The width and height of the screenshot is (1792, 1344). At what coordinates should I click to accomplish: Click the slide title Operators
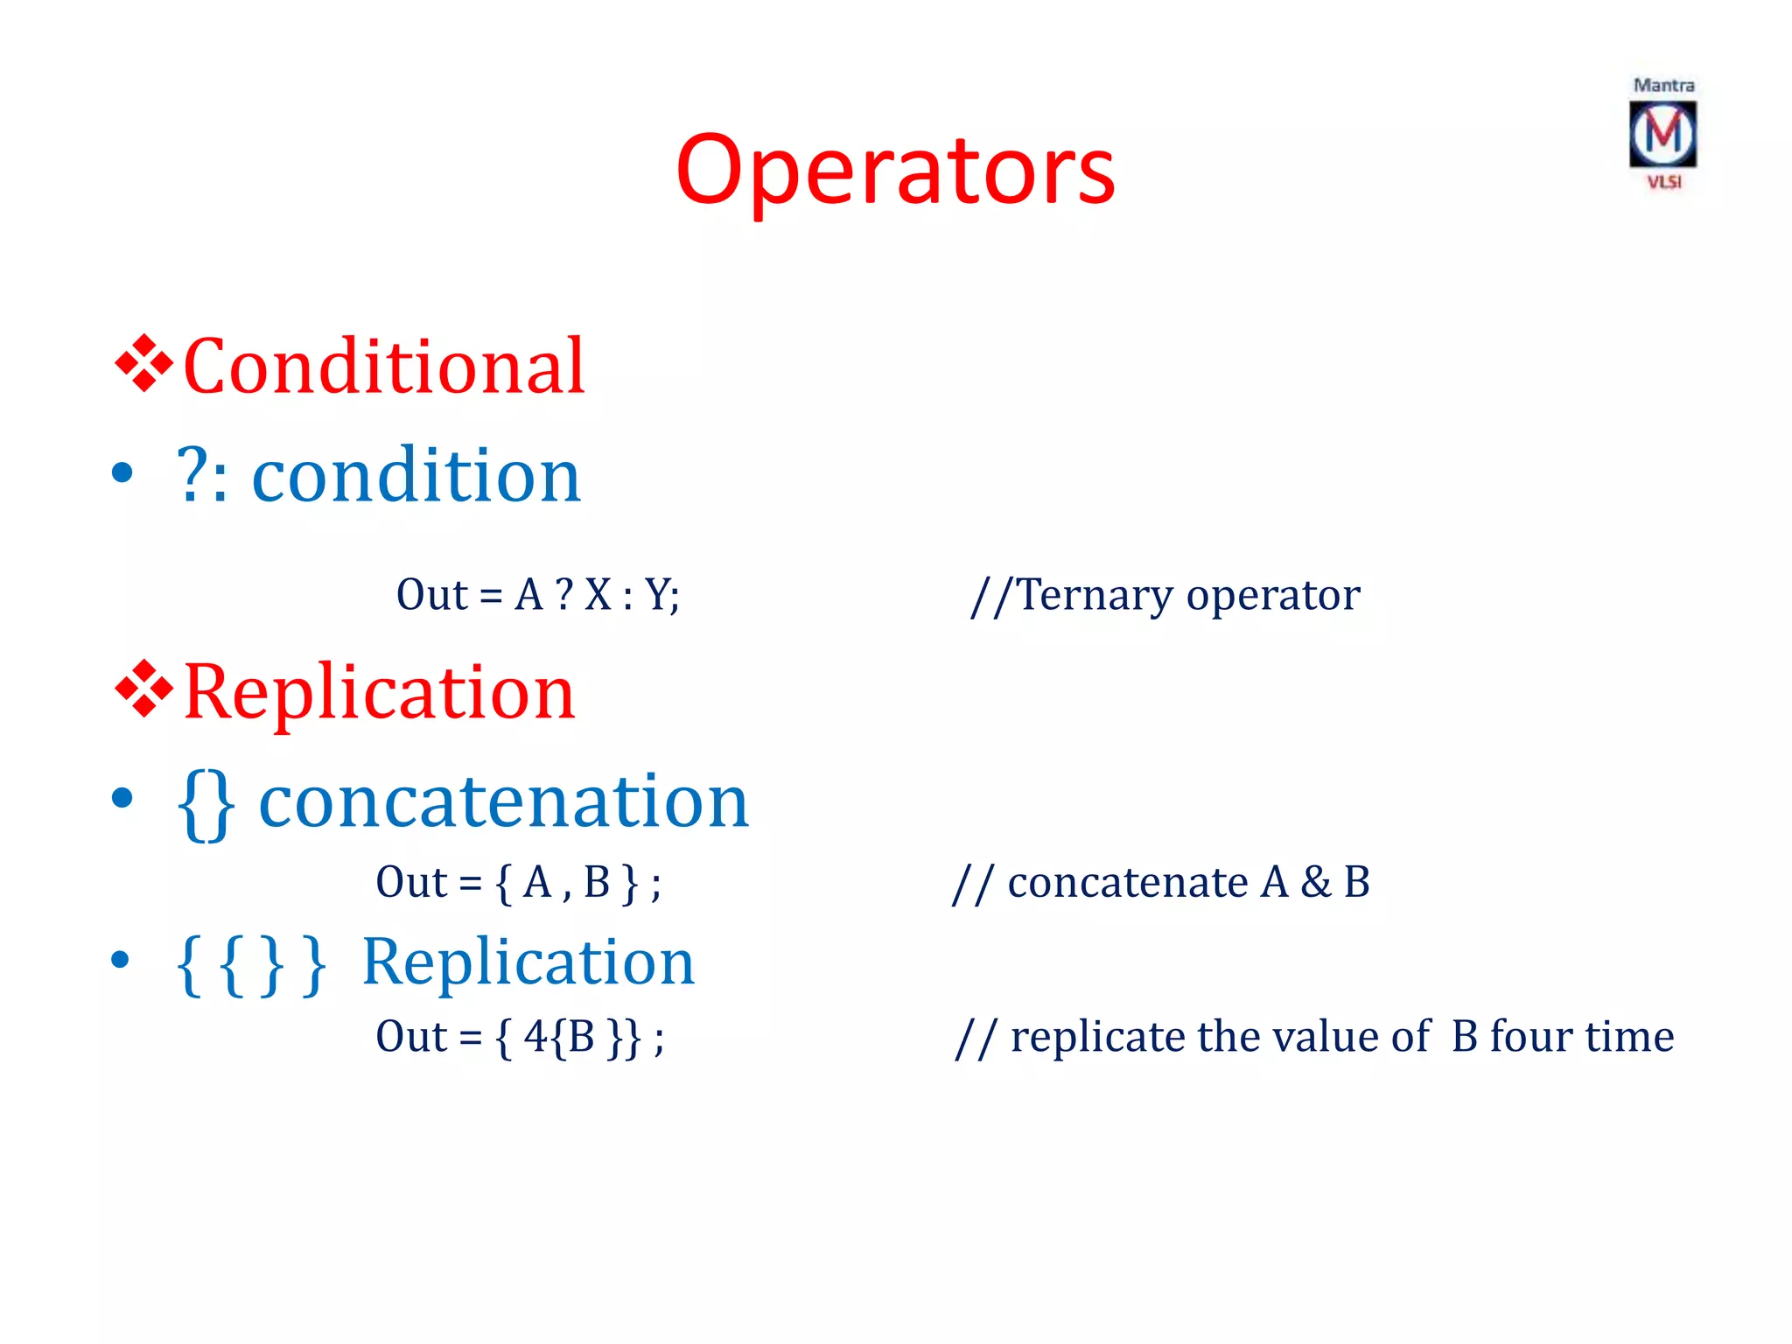coord(895,171)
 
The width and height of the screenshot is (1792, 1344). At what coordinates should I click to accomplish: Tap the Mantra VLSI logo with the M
coord(1662,134)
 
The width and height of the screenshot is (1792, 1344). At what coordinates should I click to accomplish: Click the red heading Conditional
coord(383,367)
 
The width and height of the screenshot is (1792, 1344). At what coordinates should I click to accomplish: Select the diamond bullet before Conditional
coord(143,363)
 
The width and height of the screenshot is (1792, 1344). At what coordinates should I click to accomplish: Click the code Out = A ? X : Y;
coord(537,595)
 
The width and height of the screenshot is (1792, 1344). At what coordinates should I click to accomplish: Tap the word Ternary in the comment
coord(1095,595)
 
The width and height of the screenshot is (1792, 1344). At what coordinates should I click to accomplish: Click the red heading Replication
coord(379,692)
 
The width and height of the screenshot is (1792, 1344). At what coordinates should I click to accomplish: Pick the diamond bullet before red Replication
coord(143,689)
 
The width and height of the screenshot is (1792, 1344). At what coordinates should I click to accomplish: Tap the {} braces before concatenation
coord(206,803)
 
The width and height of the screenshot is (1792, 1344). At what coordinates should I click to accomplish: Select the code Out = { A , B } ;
coord(518,882)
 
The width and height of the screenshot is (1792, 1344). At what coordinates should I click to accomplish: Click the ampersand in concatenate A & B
coord(1315,882)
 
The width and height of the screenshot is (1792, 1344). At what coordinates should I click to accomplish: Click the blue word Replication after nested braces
coord(528,962)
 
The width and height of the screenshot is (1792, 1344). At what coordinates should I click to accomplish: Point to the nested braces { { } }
coord(251,964)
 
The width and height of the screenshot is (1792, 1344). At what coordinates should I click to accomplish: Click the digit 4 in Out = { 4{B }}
coord(535,1037)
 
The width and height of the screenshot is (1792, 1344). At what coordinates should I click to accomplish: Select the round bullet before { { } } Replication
coord(122,961)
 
